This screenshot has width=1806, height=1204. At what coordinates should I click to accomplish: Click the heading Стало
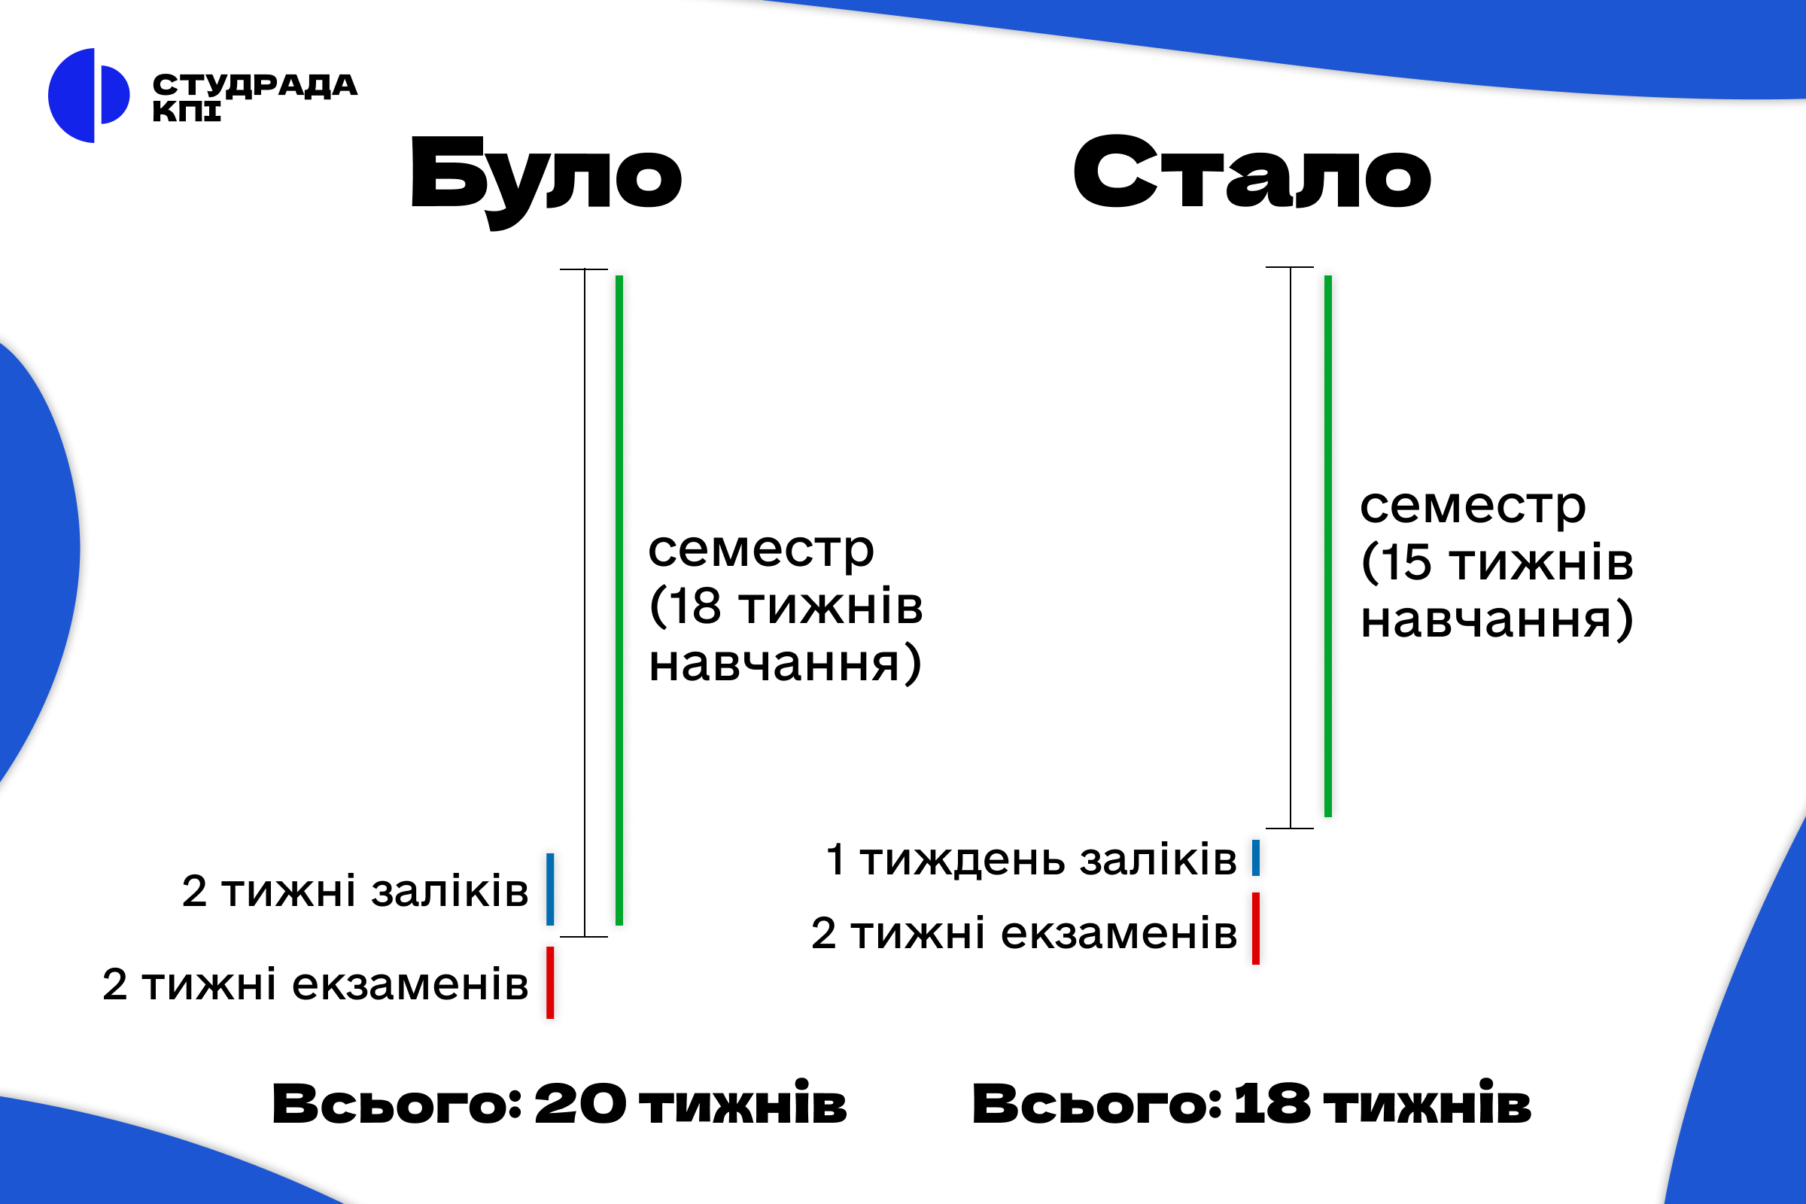click(x=1252, y=172)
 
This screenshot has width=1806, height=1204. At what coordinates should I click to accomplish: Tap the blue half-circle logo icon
click(x=88, y=96)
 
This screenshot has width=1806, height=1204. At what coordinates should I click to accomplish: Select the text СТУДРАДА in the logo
click(x=255, y=84)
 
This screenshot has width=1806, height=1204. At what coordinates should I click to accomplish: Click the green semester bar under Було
click(x=619, y=600)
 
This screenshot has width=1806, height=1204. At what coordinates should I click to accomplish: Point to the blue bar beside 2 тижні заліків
click(x=550, y=889)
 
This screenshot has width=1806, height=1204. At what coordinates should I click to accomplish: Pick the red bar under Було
click(x=550, y=983)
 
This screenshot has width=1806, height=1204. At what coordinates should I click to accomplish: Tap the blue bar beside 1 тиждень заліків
click(x=1255, y=858)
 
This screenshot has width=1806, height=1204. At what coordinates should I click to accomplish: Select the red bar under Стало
click(x=1255, y=929)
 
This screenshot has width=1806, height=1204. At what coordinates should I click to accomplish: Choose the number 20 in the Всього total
click(x=579, y=1104)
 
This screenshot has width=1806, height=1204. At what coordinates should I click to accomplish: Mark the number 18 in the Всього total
click(x=1272, y=1104)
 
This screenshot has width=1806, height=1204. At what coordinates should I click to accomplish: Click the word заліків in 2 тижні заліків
click(x=450, y=891)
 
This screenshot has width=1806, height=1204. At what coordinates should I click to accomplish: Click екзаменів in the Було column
click(x=411, y=984)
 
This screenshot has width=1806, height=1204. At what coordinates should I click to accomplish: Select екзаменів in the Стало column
click(x=1120, y=934)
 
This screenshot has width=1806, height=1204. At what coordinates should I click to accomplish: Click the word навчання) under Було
click(x=785, y=664)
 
